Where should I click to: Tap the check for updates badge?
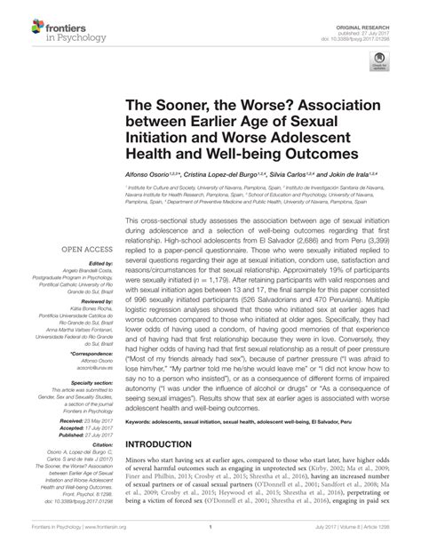coord(382,65)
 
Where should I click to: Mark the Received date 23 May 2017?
coord(84,418)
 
